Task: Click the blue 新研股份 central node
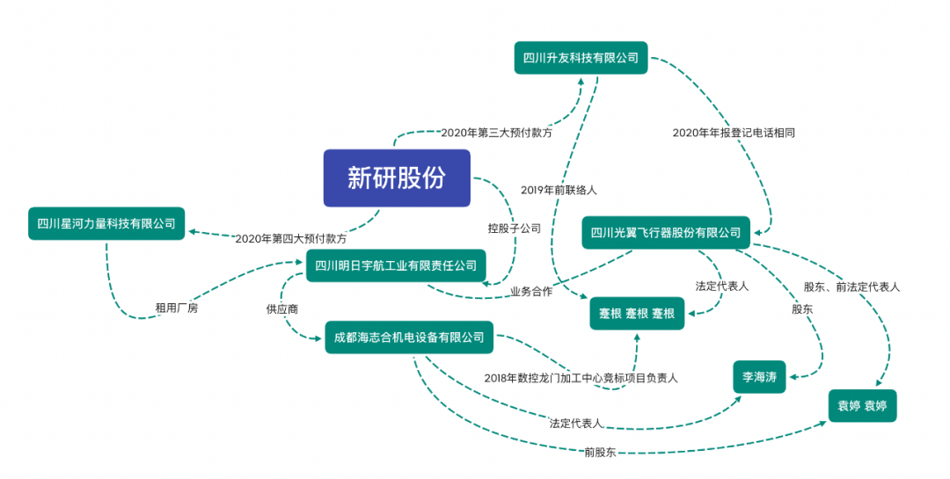(x=397, y=178)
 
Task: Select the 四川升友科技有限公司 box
(x=581, y=58)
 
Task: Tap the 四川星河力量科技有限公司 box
(x=106, y=223)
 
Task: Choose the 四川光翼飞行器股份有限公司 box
(x=666, y=233)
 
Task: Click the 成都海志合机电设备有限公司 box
(x=410, y=337)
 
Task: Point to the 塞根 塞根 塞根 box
(x=637, y=313)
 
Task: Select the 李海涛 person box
(x=759, y=377)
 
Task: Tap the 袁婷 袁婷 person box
(x=862, y=406)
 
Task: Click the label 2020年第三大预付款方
(x=497, y=133)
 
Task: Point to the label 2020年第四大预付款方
(x=291, y=238)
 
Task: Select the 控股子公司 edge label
(x=515, y=228)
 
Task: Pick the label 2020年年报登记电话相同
(x=734, y=133)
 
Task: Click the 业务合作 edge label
(x=530, y=291)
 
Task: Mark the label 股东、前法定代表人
(x=851, y=287)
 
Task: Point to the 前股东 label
(x=600, y=452)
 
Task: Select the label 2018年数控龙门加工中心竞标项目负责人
(x=581, y=378)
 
